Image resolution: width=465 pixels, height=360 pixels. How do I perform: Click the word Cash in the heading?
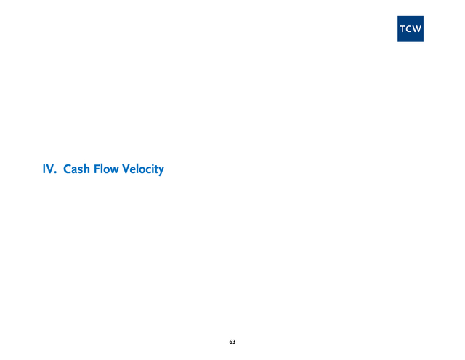pyautogui.click(x=76, y=169)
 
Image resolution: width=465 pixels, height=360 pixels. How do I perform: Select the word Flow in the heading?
pyautogui.click(x=106, y=169)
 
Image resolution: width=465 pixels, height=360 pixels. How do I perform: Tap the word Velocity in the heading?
pyautogui.click(x=143, y=169)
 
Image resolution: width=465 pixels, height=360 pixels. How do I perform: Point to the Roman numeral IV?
pyautogui.click(x=49, y=169)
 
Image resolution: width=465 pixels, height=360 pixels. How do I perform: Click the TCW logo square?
pyautogui.click(x=411, y=29)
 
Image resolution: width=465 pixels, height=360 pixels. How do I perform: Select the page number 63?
pyautogui.click(x=232, y=342)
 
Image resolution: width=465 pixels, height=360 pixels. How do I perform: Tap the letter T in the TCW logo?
pyautogui.click(x=403, y=29)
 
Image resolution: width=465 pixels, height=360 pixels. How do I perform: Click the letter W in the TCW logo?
pyautogui.click(x=416, y=29)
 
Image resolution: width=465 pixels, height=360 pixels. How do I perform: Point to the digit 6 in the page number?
pyautogui.click(x=230, y=342)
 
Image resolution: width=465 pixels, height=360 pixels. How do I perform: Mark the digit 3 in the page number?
pyautogui.click(x=234, y=342)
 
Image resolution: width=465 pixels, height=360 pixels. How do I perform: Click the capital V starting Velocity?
pyautogui.click(x=126, y=169)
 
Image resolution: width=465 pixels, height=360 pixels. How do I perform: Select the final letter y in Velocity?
pyautogui.click(x=161, y=171)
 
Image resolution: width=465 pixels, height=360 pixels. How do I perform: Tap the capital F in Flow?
pyautogui.click(x=97, y=169)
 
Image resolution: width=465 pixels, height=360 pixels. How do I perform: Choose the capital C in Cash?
pyautogui.click(x=68, y=169)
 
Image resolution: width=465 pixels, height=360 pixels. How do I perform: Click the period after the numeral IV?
pyautogui.click(x=55, y=173)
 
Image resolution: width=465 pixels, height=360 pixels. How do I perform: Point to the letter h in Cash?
pyautogui.click(x=86, y=169)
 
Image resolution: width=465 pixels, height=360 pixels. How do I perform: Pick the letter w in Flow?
pyautogui.click(x=114, y=171)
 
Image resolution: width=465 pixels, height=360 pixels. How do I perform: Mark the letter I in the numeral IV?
pyautogui.click(x=44, y=169)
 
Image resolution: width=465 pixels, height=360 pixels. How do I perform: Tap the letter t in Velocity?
pyautogui.click(x=155, y=169)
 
